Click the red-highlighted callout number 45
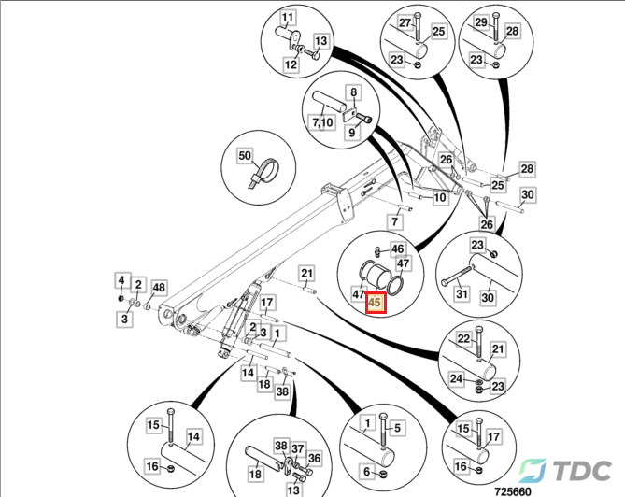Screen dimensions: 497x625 click(376, 302)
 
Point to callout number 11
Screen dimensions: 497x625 click(286, 19)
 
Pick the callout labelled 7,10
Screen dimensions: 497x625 click(323, 122)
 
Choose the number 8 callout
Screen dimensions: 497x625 click(354, 92)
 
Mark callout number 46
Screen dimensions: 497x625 click(398, 248)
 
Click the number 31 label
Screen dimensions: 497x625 click(461, 296)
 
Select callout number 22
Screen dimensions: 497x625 click(462, 337)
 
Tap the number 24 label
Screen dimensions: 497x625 click(455, 379)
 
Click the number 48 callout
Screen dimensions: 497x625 click(159, 287)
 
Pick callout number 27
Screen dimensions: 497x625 click(405, 22)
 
